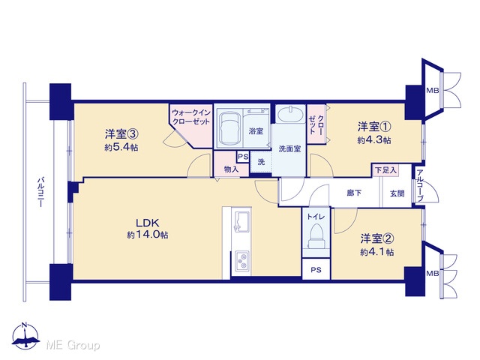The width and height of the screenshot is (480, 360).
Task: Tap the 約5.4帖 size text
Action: click(x=121, y=148)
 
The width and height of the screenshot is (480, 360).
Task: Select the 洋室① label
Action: click(x=374, y=126)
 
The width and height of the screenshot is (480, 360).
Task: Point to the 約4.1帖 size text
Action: click(x=376, y=252)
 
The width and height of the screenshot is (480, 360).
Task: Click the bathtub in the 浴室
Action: click(x=229, y=128)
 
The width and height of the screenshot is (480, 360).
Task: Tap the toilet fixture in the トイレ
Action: click(x=316, y=235)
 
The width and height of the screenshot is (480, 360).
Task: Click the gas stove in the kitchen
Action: click(x=241, y=261)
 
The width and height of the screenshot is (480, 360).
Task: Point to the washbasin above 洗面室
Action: click(x=290, y=114)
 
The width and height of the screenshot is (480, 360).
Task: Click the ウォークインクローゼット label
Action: click(x=191, y=117)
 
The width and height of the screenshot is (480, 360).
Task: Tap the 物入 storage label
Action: click(x=231, y=169)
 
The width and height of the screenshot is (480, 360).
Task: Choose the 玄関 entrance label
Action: click(x=397, y=193)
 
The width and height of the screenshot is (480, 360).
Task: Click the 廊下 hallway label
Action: click(x=354, y=193)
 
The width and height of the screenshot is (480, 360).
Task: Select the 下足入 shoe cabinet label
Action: click(x=385, y=169)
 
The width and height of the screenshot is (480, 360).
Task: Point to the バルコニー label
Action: click(x=40, y=193)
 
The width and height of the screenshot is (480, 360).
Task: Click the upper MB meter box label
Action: click(x=433, y=90)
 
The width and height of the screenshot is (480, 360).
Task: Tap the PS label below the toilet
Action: click(x=316, y=270)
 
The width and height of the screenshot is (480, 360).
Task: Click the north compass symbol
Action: click(x=25, y=336)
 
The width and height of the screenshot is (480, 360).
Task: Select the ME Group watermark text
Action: click(x=73, y=345)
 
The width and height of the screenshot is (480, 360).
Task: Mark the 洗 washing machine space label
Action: click(x=261, y=162)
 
